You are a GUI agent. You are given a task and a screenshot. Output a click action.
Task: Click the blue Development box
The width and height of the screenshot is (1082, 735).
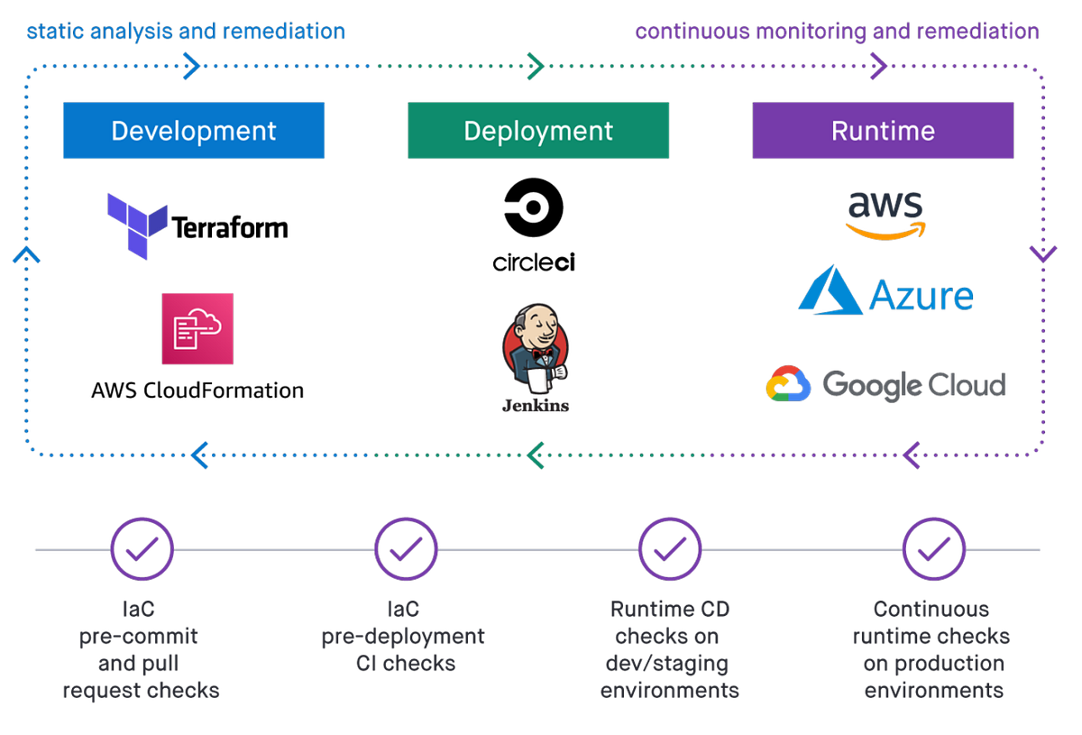click(193, 131)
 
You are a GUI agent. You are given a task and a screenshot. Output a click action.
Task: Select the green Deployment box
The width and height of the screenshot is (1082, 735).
click(537, 131)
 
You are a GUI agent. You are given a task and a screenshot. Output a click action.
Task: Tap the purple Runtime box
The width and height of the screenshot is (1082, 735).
click(883, 131)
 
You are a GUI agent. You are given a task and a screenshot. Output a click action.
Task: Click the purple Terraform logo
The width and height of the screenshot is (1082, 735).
click(137, 225)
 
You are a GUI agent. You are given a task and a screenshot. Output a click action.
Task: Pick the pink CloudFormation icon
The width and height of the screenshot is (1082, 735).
click(197, 327)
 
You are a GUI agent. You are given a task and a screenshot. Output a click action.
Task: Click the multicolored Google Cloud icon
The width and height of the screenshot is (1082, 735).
click(787, 383)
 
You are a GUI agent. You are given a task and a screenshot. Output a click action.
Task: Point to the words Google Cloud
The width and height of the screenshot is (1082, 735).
click(913, 385)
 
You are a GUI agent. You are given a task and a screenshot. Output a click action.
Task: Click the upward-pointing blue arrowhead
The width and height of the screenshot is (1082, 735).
click(27, 255)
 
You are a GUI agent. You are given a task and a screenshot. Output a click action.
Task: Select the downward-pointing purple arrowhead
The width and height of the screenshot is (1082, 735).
click(1042, 253)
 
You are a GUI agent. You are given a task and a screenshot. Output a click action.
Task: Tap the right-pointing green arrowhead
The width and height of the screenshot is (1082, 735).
click(535, 65)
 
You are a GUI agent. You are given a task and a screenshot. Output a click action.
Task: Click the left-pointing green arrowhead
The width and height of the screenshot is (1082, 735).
click(536, 455)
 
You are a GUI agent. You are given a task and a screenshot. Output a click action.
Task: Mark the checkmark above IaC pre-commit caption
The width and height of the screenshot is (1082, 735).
click(142, 548)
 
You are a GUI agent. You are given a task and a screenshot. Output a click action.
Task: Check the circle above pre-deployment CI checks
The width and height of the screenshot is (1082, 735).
click(406, 548)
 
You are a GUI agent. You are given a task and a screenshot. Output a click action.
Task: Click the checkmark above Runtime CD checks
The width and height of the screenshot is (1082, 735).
click(669, 548)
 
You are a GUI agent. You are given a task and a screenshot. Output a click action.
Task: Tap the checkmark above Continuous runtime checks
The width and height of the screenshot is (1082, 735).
click(933, 548)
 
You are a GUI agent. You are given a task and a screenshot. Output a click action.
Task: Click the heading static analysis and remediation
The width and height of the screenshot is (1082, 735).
click(186, 32)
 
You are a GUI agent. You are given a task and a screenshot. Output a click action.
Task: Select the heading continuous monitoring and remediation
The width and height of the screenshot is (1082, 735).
click(838, 32)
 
